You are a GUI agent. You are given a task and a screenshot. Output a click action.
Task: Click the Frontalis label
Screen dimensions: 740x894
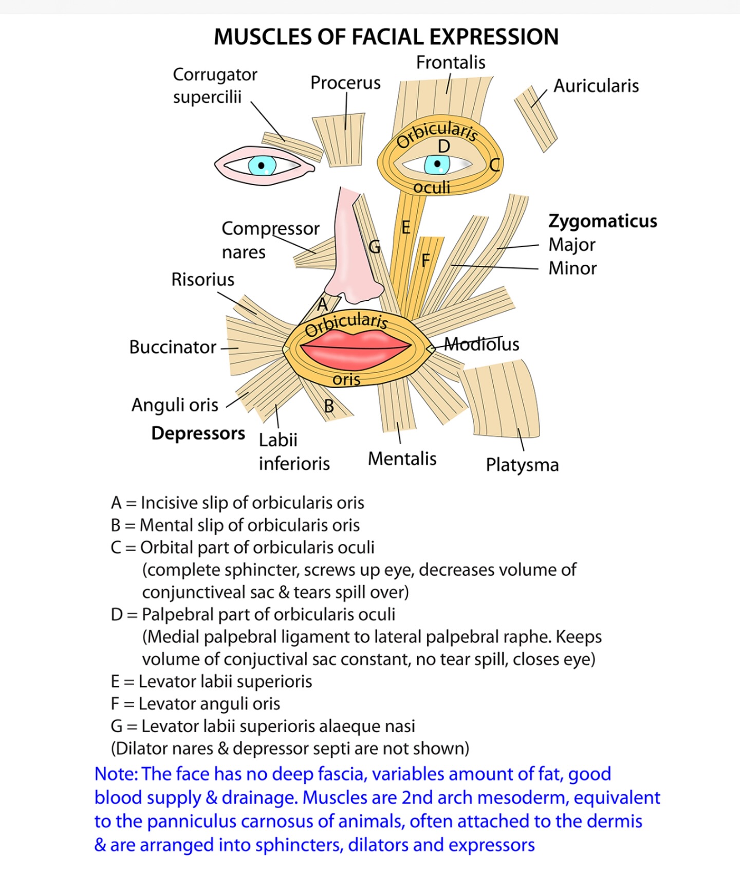[451, 63]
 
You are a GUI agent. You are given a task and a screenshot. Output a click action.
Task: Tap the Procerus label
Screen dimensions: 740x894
[345, 83]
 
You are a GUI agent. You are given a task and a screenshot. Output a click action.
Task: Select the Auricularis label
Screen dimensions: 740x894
[596, 86]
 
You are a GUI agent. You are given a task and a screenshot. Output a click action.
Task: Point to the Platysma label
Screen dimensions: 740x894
[522, 465]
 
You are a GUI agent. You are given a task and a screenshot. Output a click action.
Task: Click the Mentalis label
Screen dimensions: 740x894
[402, 459]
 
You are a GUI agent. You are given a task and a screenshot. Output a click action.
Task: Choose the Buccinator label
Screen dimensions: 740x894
[173, 347]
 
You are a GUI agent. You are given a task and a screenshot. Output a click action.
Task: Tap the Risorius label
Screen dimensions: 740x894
[202, 280]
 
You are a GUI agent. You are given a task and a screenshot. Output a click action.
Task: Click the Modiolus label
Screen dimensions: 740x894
[482, 344]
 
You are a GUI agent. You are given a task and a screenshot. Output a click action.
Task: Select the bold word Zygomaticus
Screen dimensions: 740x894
[603, 222]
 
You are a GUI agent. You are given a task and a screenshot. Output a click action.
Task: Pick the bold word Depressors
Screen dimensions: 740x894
[198, 433]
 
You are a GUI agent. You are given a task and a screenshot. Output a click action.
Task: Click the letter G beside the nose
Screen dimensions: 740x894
[375, 247]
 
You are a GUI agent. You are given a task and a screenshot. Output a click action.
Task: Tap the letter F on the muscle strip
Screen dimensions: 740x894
[425, 261]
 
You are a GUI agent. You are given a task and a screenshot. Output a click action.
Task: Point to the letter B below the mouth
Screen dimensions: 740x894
[329, 407]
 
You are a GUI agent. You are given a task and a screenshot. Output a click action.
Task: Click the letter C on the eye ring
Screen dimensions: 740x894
[494, 165]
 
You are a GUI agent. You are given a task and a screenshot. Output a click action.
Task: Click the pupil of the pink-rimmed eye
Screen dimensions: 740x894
[262, 166]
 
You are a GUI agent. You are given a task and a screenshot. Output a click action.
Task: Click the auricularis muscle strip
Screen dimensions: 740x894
[535, 119]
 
